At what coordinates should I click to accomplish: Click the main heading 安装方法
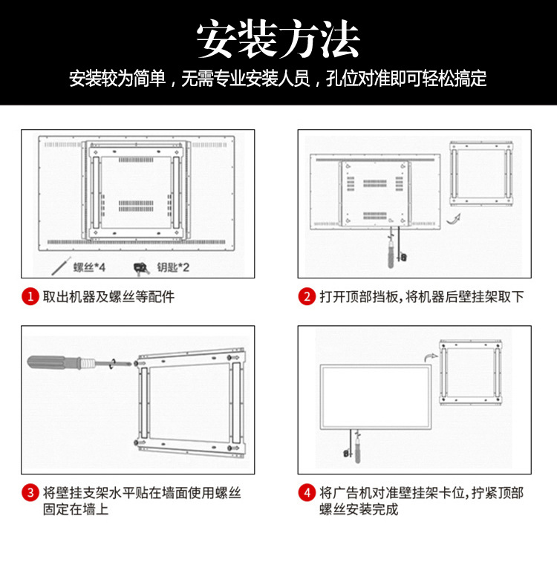pyautogui.click(x=278, y=39)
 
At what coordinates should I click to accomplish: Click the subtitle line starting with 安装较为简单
pyautogui.click(x=278, y=79)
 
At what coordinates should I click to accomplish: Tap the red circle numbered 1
pyautogui.click(x=30, y=297)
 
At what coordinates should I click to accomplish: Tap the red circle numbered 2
pyautogui.click(x=307, y=297)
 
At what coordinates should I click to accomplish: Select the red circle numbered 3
pyautogui.click(x=30, y=493)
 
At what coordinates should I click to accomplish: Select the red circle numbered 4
pyautogui.click(x=307, y=493)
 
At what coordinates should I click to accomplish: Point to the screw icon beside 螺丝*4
pyautogui.click(x=60, y=265)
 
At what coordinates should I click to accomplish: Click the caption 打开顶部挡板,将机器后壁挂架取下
pyautogui.click(x=422, y=297)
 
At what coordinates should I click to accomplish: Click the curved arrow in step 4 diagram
pyautogui.click(x=426, y=357)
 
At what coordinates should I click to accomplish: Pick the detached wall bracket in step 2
pyautogui.click(x=481, y=174)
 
